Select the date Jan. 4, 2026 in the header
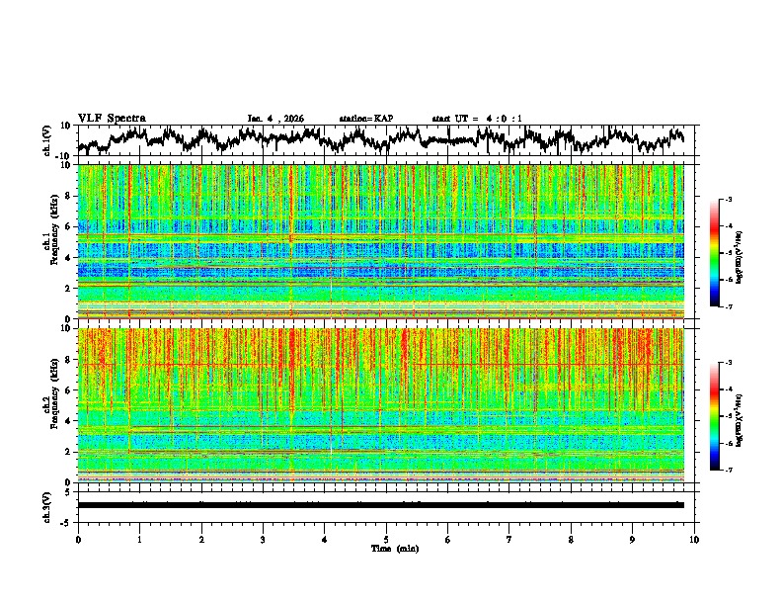[x=275, y=119]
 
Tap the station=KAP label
[x=365, y=119]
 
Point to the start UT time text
[x=478, y=119]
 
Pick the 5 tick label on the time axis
[x=386, y=539]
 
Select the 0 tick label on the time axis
[x=78, y=539]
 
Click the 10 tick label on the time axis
[x=694, y=539]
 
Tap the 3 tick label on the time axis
[x=263, y=539]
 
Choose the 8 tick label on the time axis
[x=571, y=539]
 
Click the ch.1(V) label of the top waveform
[x=46, y=139]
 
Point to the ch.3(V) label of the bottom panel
[x=46, y=505]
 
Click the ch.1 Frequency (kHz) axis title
[x=46, y=241]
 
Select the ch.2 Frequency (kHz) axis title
[x=46, y=404]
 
